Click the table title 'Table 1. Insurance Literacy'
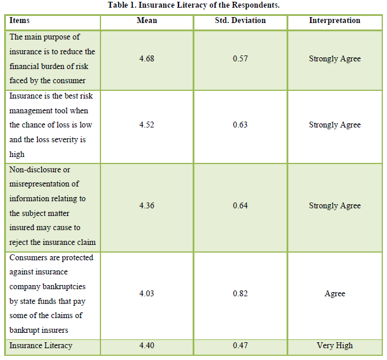(x=193, y=5)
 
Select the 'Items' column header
(x=19, y=21)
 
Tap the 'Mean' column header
(x=147, y=21)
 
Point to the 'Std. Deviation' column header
(x=240, y=21)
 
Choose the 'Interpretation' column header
(x=334, y=21)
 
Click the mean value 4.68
(x=147, y=59)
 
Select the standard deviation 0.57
(x=240, y=59)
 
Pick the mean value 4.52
(x=147, y=125)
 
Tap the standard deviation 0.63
(x=240, y=125)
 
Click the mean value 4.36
(x=147, y=206)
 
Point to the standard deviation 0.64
(x=240, y=206)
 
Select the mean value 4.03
(x=147, y=294)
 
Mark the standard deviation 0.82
(x=240, y=294)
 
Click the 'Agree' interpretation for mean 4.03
(x=334, y=294)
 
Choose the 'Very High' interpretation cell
(x=334, y=345)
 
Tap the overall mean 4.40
(x=147, y=345)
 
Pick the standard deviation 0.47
(x=240, y=345)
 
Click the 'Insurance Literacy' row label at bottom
(x=41, y=345)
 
